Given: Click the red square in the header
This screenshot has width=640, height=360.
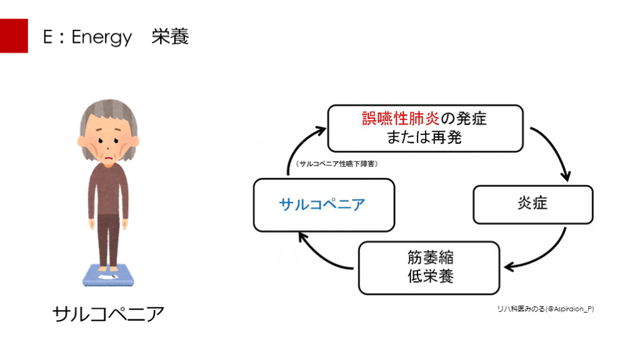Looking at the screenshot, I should pyautogui.click(x=14, y=36).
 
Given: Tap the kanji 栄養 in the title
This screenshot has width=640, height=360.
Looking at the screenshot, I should pyautogui.click(x=169, y=37).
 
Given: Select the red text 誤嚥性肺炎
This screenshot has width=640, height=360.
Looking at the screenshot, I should pyautogui.click(x=401, y=118).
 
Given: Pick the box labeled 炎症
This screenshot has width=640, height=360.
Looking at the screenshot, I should pyautogui.click(x=532, y=204).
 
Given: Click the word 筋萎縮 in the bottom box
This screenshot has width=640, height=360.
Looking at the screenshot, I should pyautogui.click(x=429, y=257).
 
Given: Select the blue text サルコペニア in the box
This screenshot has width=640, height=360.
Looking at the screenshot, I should pyautogui.click(x=322, y=204).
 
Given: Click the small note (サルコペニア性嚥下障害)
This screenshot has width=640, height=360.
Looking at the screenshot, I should pyautogui.click(x=337, y=164).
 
